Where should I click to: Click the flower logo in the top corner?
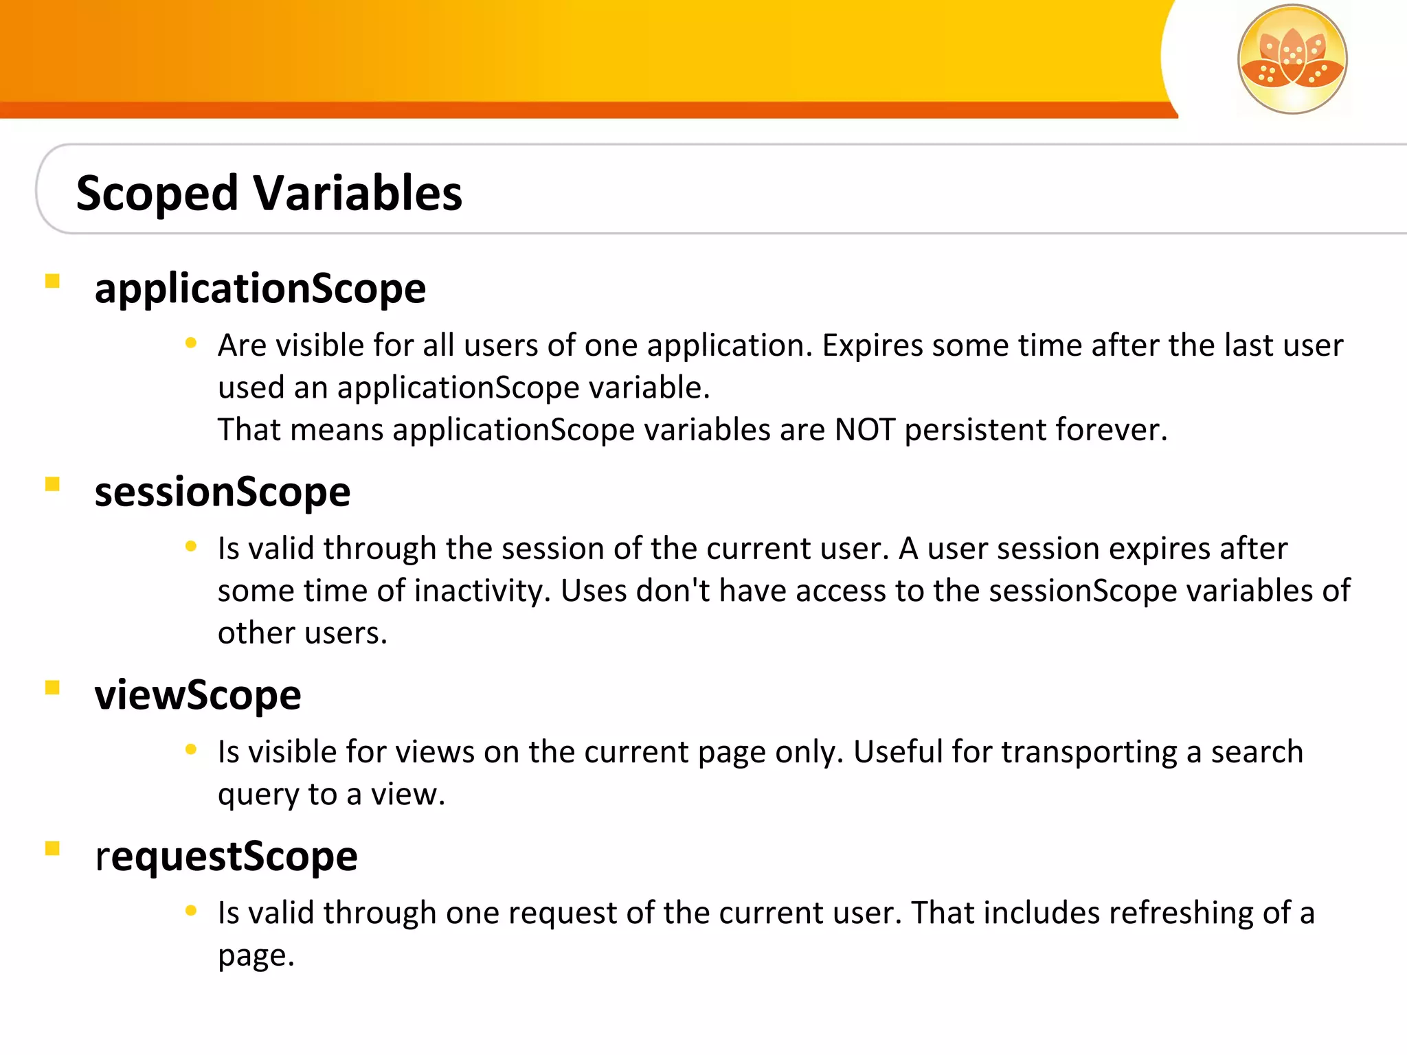[x=1292, y=59]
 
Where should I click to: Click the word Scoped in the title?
[x=157, y=193]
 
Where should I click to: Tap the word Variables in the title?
[x=358, y=193]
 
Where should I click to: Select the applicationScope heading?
[x=260, y=288]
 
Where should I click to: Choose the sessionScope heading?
[x=223, y=492]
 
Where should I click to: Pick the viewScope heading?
[x=198, y=695]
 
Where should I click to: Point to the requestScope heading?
[x=226, y=857]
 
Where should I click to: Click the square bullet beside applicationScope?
[x=52, y=281]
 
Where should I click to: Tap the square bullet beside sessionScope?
[x=52, y=484]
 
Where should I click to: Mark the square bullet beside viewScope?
[x=52, y=688]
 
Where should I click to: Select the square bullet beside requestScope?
[x=52, y=848]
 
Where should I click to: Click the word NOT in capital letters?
[x=864, y=430]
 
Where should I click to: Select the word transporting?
[x=1089, y=752]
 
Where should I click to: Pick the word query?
[x=258, y=795]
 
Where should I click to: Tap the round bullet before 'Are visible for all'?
[x=191, y=343]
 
